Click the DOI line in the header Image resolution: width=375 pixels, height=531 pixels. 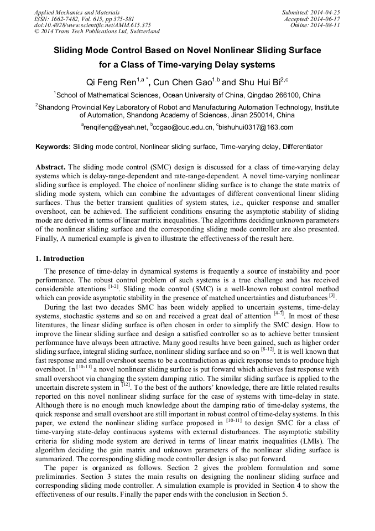point(92,25)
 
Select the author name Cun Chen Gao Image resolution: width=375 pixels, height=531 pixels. point(185,83)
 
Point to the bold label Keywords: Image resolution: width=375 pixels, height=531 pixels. point(53,147)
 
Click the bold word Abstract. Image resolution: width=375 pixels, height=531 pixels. point(50,167)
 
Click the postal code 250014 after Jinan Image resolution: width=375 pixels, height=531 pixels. point(259,115)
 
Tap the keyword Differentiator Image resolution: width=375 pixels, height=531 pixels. point(303,147)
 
